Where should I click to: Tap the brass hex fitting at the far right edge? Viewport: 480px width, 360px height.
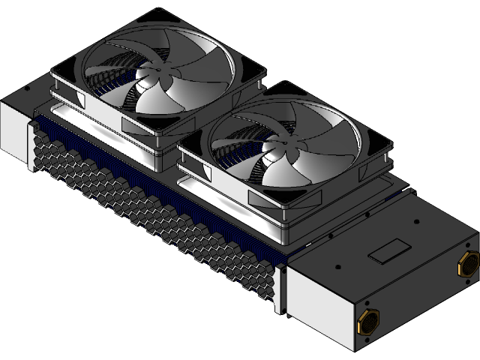point(467,263)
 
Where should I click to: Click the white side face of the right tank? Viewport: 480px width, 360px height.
point(319,300)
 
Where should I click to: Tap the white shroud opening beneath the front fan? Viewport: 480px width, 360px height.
point(225,196)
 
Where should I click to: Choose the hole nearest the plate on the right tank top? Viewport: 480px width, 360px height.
point(366,214)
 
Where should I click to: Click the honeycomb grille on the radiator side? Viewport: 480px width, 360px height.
point(150,210)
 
